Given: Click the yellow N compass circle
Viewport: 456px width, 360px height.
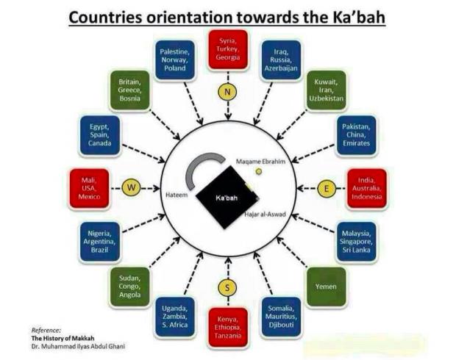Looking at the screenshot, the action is (227, 92).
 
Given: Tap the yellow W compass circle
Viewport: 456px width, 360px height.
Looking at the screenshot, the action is (131, 187).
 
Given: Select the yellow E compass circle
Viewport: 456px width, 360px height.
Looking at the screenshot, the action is (327, 188).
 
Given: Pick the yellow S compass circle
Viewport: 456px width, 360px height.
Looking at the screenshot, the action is (227, 287).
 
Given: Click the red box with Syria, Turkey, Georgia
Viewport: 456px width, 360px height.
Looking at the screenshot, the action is (228, 50).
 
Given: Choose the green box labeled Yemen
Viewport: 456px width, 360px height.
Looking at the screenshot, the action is (327, 287).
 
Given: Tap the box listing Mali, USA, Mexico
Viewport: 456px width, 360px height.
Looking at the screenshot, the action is (89, 188).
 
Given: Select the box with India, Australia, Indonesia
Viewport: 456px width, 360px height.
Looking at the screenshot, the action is (367, 188).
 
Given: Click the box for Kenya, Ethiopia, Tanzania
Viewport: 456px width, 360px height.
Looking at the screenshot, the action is (228, 328).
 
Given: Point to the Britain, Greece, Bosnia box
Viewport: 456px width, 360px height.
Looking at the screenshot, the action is (129, 90).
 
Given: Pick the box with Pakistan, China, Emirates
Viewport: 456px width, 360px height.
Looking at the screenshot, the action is (356, 135).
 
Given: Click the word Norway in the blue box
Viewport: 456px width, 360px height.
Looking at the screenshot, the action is (174, 60).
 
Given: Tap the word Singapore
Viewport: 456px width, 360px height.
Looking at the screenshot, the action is (356, 242).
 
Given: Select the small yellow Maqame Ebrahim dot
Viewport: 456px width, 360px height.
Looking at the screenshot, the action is (259, 172).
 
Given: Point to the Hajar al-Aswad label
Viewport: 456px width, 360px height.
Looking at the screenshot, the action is (265, 215).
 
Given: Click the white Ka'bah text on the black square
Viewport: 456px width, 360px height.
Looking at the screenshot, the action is (227, 198).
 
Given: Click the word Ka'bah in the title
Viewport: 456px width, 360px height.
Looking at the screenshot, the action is (358, 17).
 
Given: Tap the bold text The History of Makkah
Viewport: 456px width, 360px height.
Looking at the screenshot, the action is (63, 338).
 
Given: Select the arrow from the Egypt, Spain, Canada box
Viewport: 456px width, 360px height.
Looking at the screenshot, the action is (143, 153).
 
